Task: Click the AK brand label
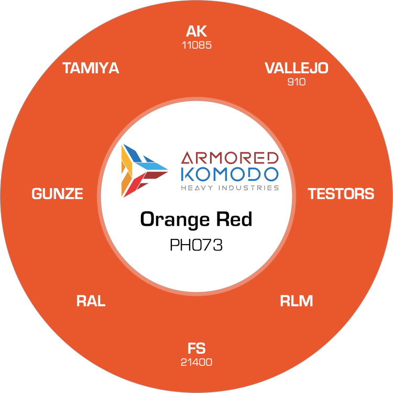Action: (196, 31)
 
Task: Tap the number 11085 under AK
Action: (196, 45)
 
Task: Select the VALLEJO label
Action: (296, 69)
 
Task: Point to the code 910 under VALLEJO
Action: (296, 82)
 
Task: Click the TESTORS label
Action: (341, 194)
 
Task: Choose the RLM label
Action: (296, 301)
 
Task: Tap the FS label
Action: (196, 348)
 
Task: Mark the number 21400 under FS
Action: (196, 362)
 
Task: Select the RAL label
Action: (91, 301)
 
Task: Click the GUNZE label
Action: (57, 194)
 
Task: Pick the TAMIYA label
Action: (91, 69)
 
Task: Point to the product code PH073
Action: (196, 246)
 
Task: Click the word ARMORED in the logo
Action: (230, 158)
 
